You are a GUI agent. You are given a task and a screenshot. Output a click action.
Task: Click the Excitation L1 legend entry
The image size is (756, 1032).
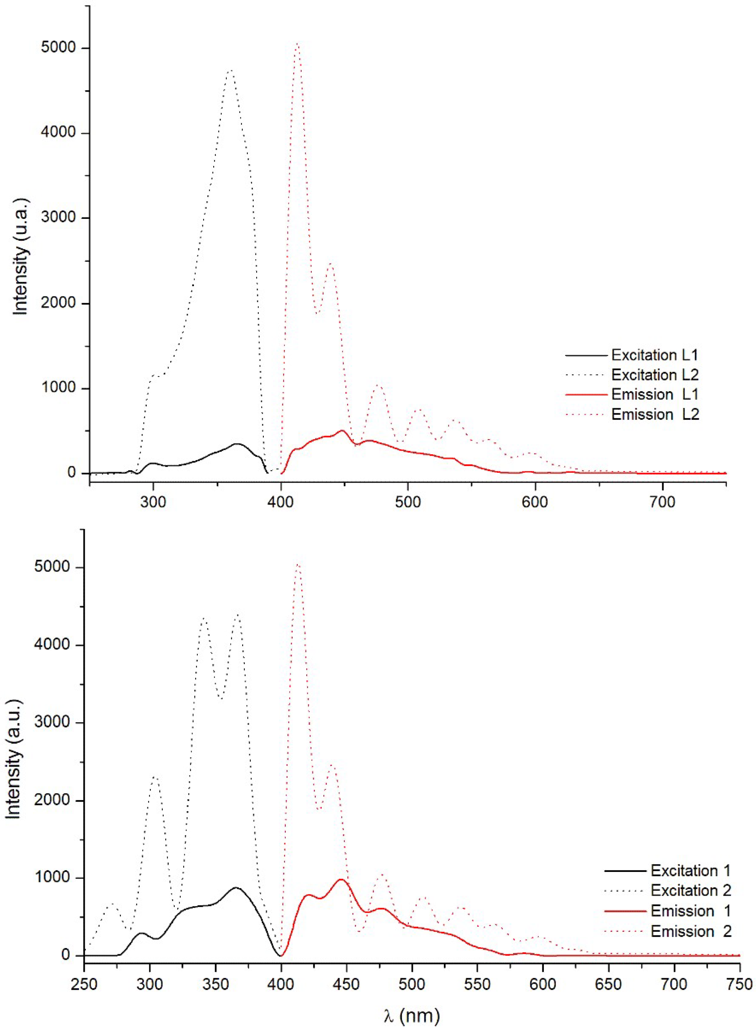pyautogui.click(x=654, y=355)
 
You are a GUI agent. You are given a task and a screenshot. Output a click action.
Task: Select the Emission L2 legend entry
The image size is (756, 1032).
pyautogui.click(x=655, y=414)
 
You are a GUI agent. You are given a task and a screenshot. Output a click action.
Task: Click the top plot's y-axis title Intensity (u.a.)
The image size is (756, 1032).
pyautogui.click(x=21, y=256)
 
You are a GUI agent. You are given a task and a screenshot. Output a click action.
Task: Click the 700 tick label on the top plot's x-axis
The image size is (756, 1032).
pyautogui.click(x=662, y=502)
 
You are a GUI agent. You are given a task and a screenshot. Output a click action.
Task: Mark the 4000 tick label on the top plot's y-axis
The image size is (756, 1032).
pyautogui.click(x=58, y=133)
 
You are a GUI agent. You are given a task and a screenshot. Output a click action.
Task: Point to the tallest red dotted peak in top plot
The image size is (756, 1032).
pyautogui.click(x=297, y=44)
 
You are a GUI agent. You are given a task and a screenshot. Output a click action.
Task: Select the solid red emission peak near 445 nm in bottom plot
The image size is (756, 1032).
pyautogui.click(x=341, y=879)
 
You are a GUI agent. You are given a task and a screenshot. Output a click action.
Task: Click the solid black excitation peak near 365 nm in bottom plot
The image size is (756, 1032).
pyautogui.click(x=236, y=887)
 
